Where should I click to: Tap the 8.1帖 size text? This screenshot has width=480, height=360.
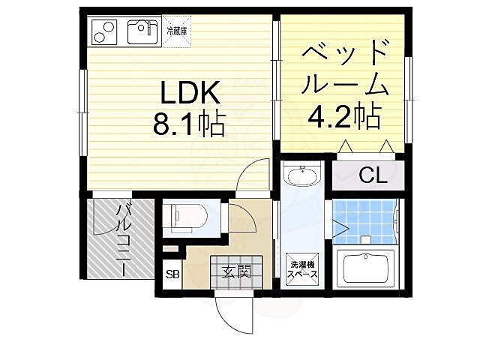click(x=189, y=124)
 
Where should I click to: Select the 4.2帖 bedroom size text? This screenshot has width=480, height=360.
click(x=344, y=116)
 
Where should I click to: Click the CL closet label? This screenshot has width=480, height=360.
click(x=371, y=175)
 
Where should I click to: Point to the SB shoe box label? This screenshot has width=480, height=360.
click(x=172, y=274)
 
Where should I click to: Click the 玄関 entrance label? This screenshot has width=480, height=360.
click(x=235, y=272)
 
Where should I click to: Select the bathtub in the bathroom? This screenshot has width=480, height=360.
click(x=367, y=268)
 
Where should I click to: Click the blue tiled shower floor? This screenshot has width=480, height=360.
click(x=364, y=217)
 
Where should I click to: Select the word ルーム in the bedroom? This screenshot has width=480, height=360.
click(x=345, y=84)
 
